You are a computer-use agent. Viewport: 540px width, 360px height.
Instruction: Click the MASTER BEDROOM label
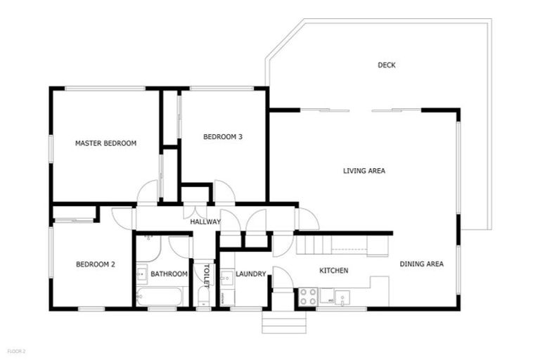pyautogui.click(x=105, y=143)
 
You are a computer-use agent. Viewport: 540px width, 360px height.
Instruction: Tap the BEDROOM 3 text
pyautogui.click(x=223, y=137)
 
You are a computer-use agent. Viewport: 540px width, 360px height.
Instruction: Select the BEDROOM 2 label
pyautogui.click(x=95, y=264)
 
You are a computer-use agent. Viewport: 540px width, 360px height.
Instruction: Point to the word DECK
pyautogui.click(x=386, y=65)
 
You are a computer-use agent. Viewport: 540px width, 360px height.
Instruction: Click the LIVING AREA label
pyautogui.click(x=364, y=171)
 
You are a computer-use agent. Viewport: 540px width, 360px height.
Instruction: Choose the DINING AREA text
pyautogui.click(x=421, y=264)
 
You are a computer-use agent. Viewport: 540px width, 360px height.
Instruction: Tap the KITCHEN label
pyautogui.click(x=334, y=271)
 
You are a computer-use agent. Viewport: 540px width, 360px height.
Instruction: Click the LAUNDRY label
pyautogui.click(x=250, y=274)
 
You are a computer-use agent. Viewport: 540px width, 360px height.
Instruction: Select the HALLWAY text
pyautogui.click(x=205, y=222)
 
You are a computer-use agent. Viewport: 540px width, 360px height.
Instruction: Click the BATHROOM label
pyautogui.click(x=169, y=274)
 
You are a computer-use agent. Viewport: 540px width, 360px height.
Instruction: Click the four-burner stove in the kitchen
pyautogui.click(x=308, y=297)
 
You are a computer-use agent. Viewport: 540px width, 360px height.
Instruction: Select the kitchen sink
pyautogui.click(x=341, y=297)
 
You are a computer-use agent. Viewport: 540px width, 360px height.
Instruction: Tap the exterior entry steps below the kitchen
pyautogui.click(x=284, y=323)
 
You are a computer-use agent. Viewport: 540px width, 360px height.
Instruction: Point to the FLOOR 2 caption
pyautogui.click(x=16, y=349)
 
